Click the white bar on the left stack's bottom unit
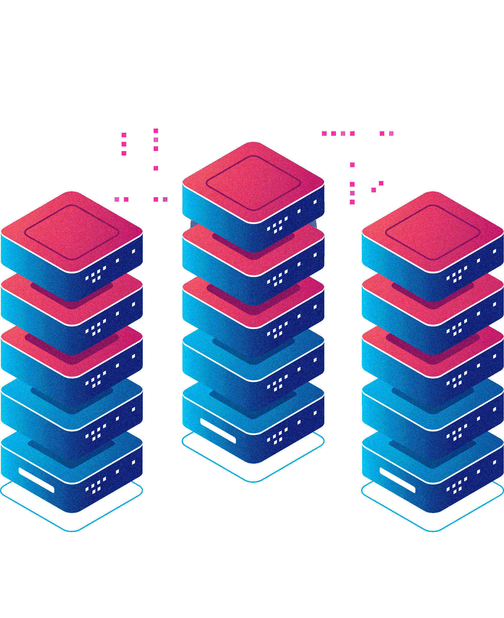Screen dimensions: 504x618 point(36,480)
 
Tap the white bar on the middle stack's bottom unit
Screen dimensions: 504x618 point(218,431)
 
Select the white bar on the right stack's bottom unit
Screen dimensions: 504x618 point(397,480)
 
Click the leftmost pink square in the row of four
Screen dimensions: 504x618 point(324,133)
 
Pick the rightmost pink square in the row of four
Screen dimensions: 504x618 point(352,133)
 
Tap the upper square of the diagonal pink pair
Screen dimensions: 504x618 point(381,183)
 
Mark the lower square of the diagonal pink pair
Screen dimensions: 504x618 point(373,190)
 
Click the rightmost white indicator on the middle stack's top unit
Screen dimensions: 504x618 point(315,202)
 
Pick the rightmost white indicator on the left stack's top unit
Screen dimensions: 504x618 point(133,251)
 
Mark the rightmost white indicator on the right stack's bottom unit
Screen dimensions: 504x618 point(494,462)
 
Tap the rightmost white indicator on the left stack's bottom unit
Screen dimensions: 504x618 point(133,462)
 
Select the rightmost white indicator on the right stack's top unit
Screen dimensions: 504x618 point(494,251)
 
